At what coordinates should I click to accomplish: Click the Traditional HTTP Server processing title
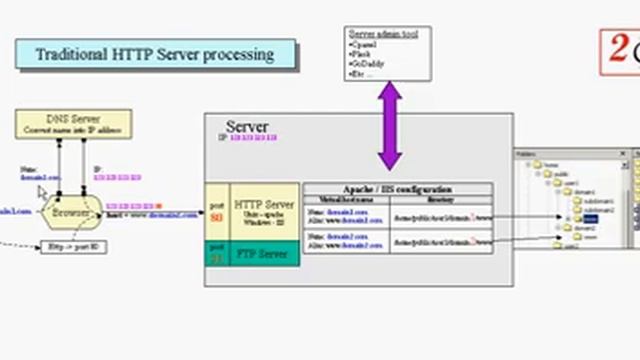(x=155, y=54)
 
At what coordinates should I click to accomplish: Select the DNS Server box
(x=73, y=124)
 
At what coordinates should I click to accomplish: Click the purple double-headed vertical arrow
(x=389, y=126)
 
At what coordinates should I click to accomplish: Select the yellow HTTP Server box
(x=265, y=211)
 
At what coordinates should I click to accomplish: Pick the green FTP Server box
(x=265, y=254)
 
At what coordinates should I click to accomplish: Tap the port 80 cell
(x=217, y=211)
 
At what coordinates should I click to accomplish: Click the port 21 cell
(x=217, y=254)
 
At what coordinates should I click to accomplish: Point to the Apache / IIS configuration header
(x=397, y=189)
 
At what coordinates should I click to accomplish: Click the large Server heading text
(x=246, y=127)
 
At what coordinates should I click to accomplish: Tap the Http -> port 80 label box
(x=73, y=247)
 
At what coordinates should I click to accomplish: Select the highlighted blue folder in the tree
(x=590, y=218)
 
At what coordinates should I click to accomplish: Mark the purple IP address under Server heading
(x=253, y=137)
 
